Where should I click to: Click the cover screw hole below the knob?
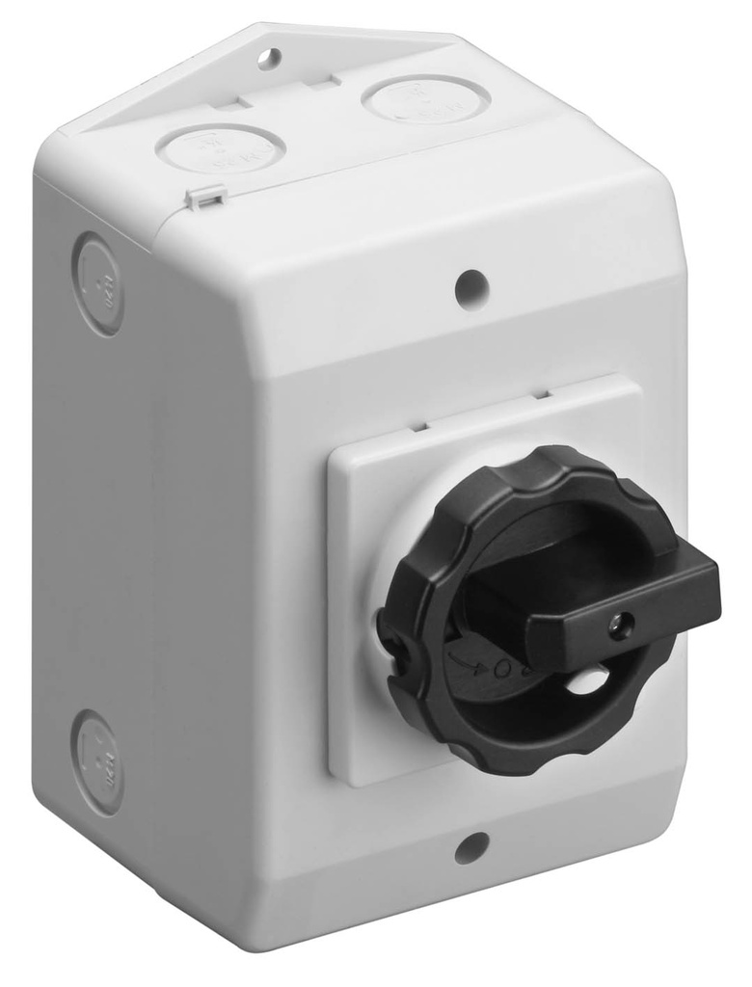(470, 848)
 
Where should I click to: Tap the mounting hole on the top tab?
(270, 58)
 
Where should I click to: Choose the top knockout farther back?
(425, 98)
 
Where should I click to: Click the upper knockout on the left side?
(98, 283)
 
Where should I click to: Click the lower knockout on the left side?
(98, 762)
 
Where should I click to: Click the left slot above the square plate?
(418, 424)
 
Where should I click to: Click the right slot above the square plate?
(541, 392)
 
